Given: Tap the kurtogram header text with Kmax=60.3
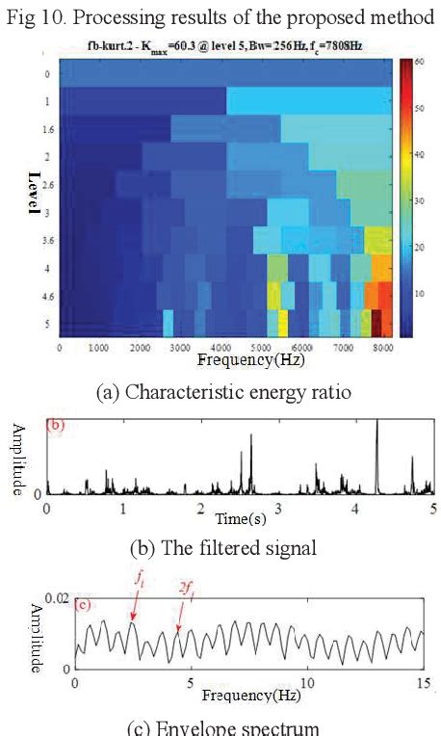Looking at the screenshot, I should pyautogui.click(x=225, y=44).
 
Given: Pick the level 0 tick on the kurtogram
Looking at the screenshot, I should pyautogui.click(x=45, y=73).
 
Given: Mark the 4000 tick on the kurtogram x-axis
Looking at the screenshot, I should pyautogui.click(x=221, y=347).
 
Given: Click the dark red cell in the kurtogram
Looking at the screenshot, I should pyautogui.click(x=376, y=321).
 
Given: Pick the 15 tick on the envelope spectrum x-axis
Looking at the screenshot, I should pyautogui.click(x=422, y=682).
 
